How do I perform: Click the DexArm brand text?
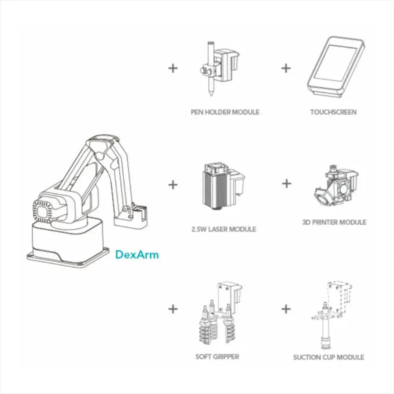tap(137, 255)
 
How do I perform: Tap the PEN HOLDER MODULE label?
tap(225, 112)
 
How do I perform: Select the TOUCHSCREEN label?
tap(333, 112)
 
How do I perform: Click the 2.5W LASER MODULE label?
tap(223, 229)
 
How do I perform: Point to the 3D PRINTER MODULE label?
tap(334, 222)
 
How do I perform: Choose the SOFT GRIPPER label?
tap(217, 357)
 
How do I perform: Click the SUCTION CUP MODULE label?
tap(328, 357)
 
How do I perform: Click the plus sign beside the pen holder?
tap(173, 68)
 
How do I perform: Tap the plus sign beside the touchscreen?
tap(286, 68)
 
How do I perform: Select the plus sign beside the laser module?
tap(173, 184)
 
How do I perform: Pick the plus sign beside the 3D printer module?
tap(287, 183)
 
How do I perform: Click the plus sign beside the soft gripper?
tap(173, 309)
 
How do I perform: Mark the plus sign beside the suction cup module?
tap(286, 309)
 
